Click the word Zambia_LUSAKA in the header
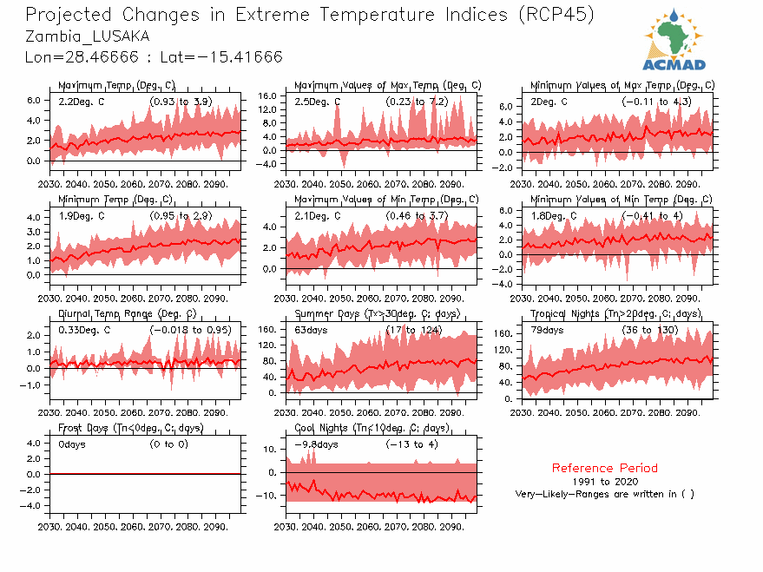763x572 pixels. pyautogui.click(x=87, y=36)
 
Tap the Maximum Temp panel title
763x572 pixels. pyautogui.click(x=116, y=85)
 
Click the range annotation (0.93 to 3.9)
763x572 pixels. pyautogui.click(x=181, y=102)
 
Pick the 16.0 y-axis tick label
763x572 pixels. pyautogui.click(x=267, y=95)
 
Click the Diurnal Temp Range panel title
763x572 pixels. pyautogui.click(x=127, y=313)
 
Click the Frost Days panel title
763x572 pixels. pyautogui.click(x=130, y=428)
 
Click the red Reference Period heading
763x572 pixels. pyautogui.click(x=604, y=468)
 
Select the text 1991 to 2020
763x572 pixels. pyautogui.click(x=605, y=481)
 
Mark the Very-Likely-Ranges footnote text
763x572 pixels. pyautogui.click(x=604, y=494)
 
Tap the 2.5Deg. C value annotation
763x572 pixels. pyautogui.click(x=318, y=102)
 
